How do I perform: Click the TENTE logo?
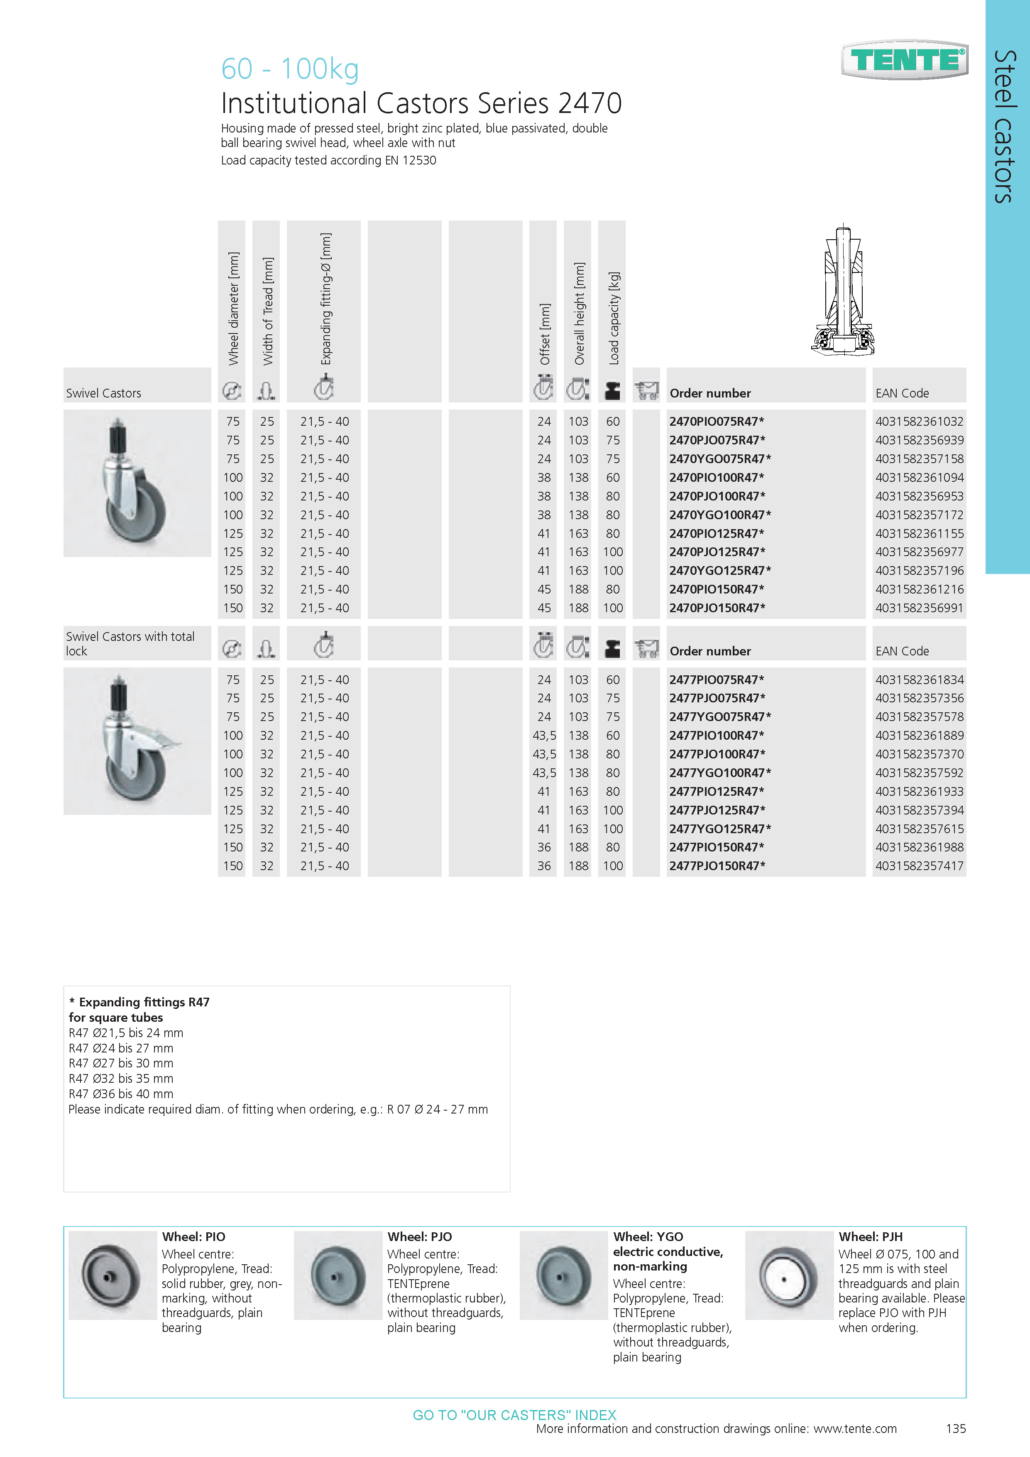(905, 60)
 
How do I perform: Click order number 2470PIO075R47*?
(717, 422)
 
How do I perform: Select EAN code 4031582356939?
(919, 440)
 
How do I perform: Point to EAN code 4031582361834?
(919, 679)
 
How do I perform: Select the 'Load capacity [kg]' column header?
(613, 318)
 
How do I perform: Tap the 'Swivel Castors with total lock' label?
(130, 643)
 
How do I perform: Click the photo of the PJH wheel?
(788, 1275)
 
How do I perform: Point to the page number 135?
(955, 1428)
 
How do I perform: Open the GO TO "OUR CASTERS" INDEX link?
(514, 1415)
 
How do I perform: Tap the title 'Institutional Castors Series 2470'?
(421, 103)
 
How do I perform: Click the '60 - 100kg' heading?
(290, 69)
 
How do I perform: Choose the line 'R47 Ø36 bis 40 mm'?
(120, 1094)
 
